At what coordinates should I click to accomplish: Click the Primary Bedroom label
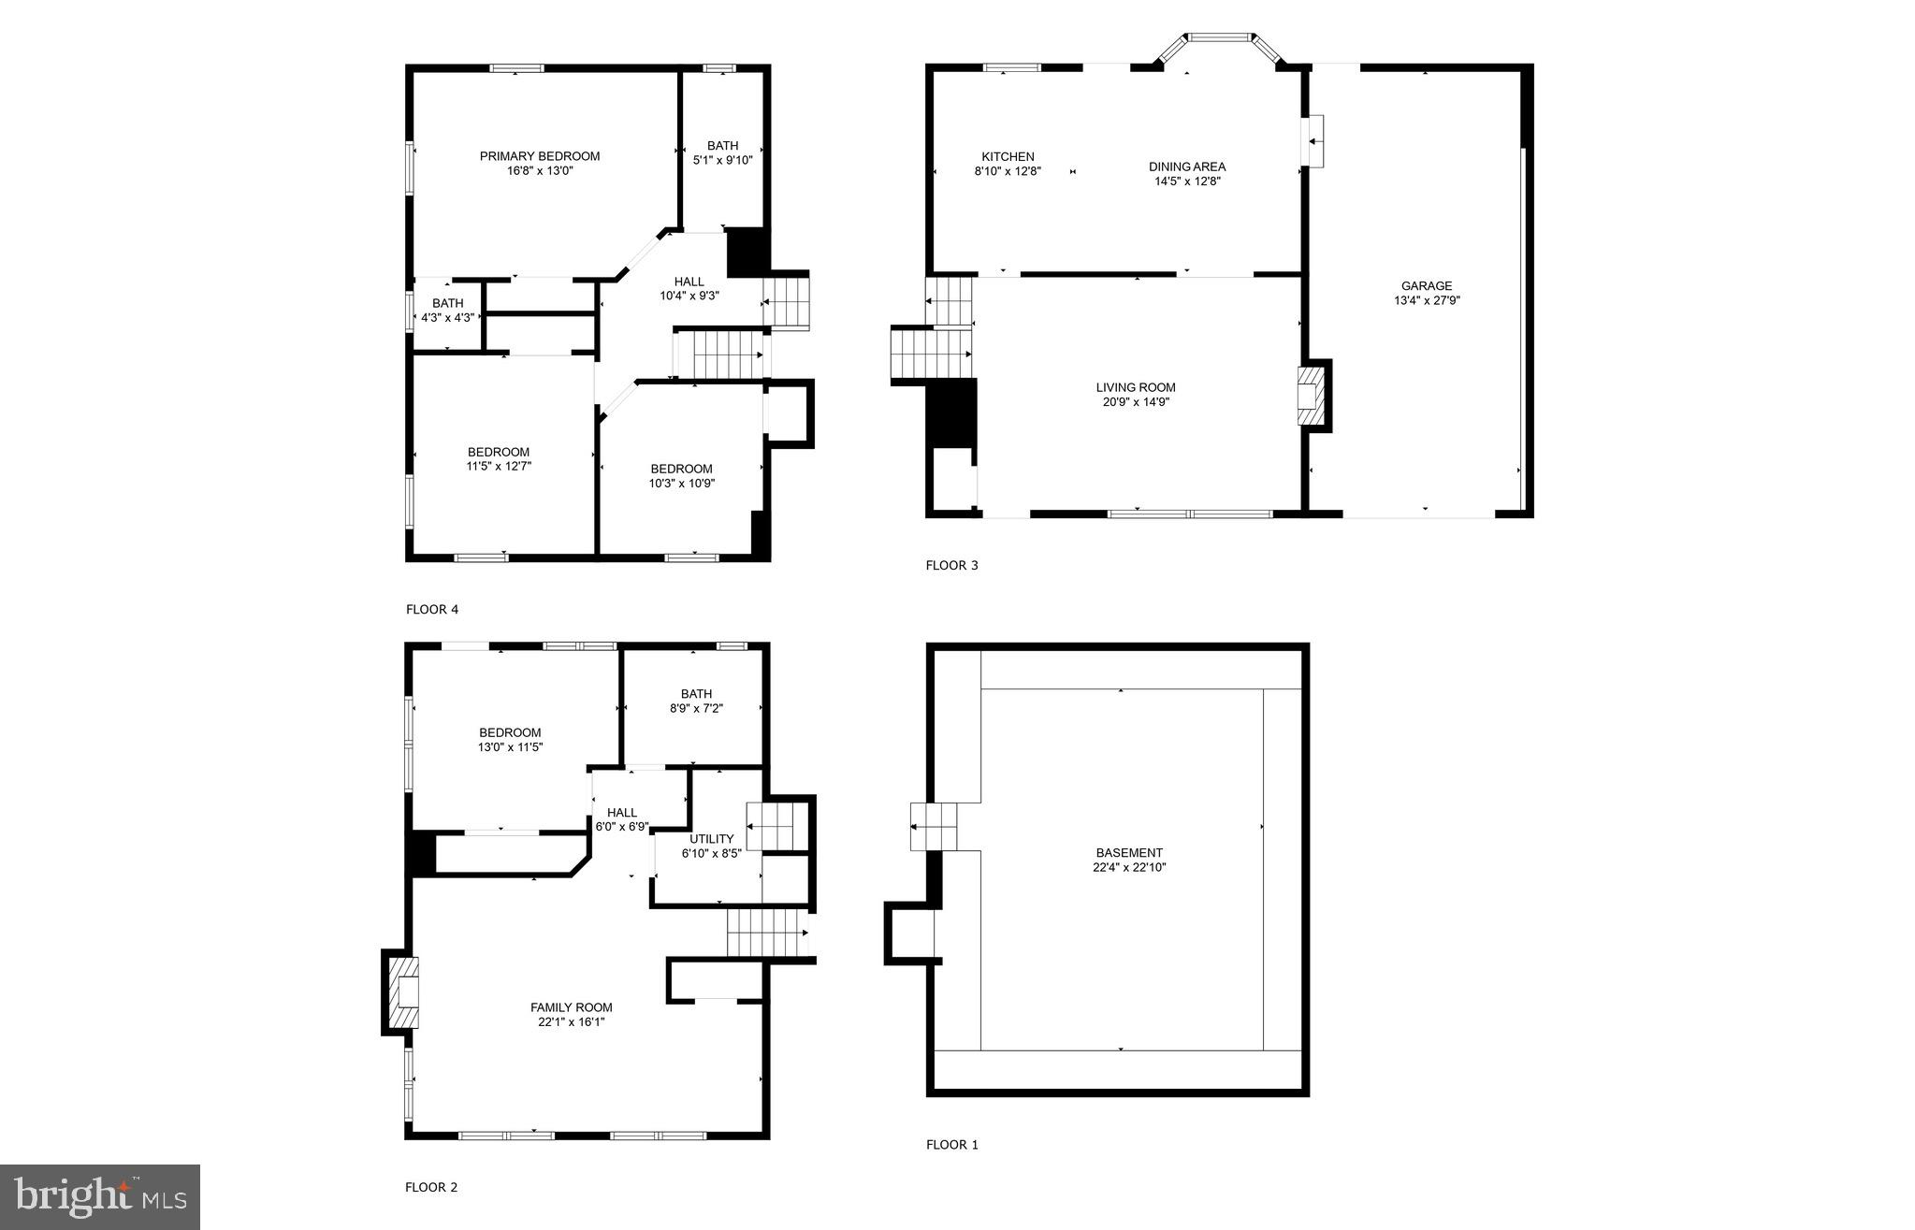click(x=540, y=156)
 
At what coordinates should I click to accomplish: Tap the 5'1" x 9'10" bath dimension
click(x=722, y=160)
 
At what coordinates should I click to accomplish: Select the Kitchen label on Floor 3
click(x=1008, y=156)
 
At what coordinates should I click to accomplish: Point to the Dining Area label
click(x=1187, y=166)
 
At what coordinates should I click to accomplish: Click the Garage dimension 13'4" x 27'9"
click(x=1427, y=301)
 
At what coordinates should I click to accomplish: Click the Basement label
click(x=1129, y=852)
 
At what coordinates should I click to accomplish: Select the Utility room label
click(x=712, y=838)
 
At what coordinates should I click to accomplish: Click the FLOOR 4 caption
click(x=432, y=610)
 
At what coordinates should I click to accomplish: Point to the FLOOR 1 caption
click(x=952, y=1144)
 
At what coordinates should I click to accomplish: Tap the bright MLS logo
click(x=100, y=1196)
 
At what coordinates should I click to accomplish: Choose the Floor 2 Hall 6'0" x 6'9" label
click(x=622, y=819)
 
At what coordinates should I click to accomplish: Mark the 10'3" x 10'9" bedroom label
click(x=682, y=476)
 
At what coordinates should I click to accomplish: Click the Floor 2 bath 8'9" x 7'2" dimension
click(x=696, y=708)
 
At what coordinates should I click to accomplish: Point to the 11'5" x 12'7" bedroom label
click(x=499, y=459)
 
